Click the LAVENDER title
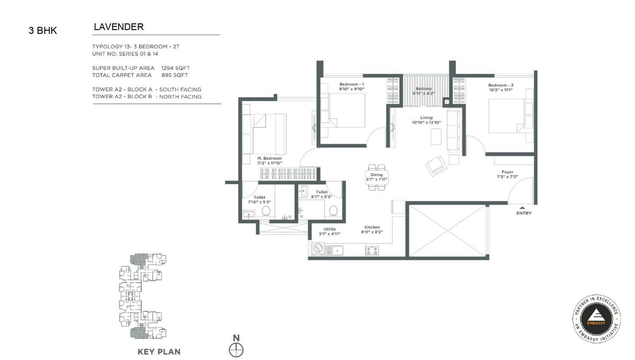pyautogui.click(x=119, y=27)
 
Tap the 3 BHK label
pyautogui.click(x=43, y=30)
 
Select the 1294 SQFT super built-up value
pyautogui.click(x=176, y=68)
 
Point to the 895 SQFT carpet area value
pyautogui.click(x=174, y=75)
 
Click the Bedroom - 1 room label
pyautogui.click(x=351, y=84)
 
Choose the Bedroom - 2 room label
pyautogui.click(x=501, y=85)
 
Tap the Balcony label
pyautogui.click(x=424, y=89)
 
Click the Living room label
pyautogui.click(x=426, y=117)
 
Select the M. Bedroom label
pyautogui.click(x=270, y=158)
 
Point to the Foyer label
pyautogui.click(x=508, y=172)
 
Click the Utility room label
pyautogui.click(x=329, y=229)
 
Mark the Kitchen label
pyautogui.click(x=372, y=227)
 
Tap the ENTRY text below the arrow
pyautogui.click(x=524, y=213)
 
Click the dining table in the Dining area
pyautogui.click(x=377, y=177)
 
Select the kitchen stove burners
pyautogui.click(x=372, y=250)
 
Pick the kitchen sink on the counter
pyautogui.click(x=334, y=250)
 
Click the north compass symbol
pyautogui.click(x=236, y=350)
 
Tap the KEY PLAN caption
pyautogui.click(x=159, y=352)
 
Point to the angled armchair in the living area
pyautogui.click(x=437, y=166)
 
